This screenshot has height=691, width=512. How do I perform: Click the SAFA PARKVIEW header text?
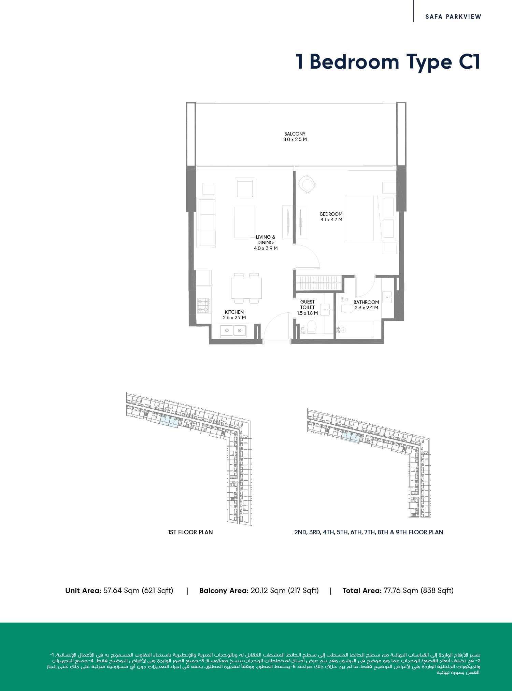453,16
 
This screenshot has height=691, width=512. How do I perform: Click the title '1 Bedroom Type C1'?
388,62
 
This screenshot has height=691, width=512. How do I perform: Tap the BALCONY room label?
295,134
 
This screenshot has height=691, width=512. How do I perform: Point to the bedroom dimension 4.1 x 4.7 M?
331,220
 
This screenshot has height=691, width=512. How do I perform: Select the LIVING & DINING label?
266,240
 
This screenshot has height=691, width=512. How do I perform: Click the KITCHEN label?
234,312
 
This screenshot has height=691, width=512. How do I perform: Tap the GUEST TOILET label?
308,305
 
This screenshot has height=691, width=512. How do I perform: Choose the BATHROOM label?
366,302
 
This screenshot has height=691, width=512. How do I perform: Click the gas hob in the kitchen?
204,305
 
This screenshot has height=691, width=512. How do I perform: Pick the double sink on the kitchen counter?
233,330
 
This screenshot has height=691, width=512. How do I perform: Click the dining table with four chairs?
246,288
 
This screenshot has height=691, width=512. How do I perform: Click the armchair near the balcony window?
245,187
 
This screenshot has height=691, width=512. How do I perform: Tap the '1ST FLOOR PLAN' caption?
190,532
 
